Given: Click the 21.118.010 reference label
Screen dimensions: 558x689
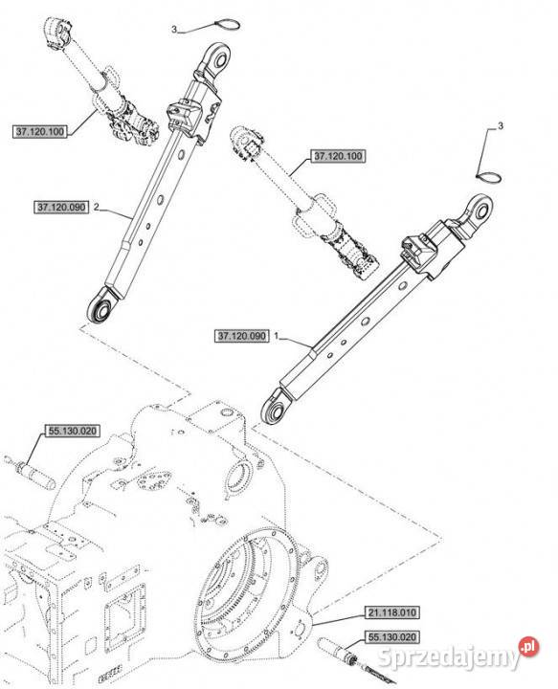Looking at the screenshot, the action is pyautogui.click(x=391, y=612).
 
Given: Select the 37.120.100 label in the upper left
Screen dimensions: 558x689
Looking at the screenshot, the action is pyautogui.click(x=39, y=131).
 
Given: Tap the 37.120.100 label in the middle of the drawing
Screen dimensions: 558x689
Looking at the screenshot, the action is pyautogui.click(x=338, y=156).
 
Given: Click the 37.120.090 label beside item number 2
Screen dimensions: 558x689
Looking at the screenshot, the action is pyautogui.click(x=61, y=207).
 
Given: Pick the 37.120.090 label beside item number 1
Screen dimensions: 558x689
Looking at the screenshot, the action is pyautogui.click(x=241, y=336).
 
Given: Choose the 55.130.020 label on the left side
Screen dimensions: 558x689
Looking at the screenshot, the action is pyautogui.click(x=72, y=431).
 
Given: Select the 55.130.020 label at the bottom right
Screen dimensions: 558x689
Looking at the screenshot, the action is pyautogui.click(x=391, y=636).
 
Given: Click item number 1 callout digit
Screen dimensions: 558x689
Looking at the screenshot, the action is pyautogui.click(x=277, y=336).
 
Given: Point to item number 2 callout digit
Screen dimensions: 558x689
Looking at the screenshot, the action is pyautogui.click(x=97, y=207).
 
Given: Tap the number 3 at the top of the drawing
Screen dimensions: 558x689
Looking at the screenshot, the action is pyautogui.click(x=174, y=30).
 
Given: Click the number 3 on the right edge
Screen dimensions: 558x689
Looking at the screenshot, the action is pyautogui.click(x=500, y=126).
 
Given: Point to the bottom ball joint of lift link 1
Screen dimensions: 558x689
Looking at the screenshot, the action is pyautogui.click(x=276, y=410).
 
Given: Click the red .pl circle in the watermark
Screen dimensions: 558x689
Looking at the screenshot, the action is pyautogui.click(x=528, y=646).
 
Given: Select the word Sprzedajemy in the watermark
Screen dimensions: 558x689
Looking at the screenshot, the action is pyautogui.click(x=448, y=657).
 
